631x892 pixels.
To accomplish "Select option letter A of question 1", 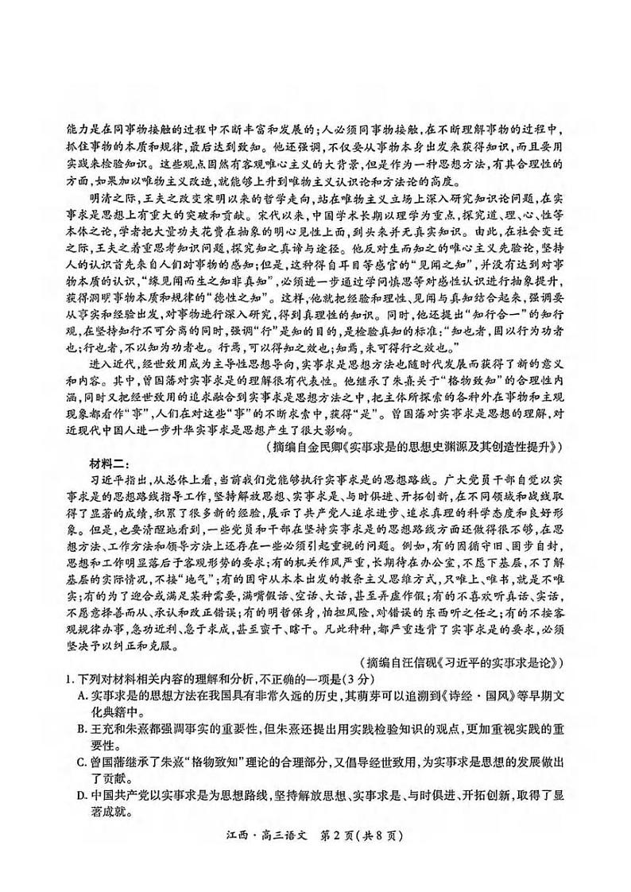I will click(x=83, y=693).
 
